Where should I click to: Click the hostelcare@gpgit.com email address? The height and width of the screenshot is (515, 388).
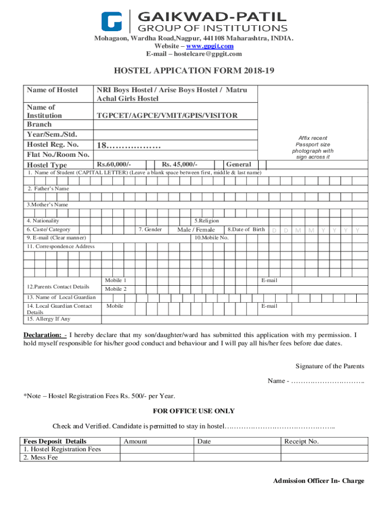click(194, 54)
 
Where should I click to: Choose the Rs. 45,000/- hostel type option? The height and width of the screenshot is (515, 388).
click(179, 164)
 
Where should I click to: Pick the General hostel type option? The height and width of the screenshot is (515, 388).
click(239, 164)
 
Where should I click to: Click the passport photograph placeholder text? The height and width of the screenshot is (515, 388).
click(312, 147)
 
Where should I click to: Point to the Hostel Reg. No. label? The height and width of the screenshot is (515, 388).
click(52, 145)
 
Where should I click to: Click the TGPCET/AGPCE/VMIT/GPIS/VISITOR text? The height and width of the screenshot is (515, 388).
click(167, 116)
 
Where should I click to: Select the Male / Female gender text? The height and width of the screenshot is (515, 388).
click(196, 230)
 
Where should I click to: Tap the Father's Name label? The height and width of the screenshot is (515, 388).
click(48, 189)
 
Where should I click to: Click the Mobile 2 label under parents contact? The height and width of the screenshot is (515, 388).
click(115, 289)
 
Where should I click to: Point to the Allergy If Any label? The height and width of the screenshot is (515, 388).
click(49, 319)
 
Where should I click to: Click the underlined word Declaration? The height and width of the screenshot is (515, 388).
click(43, 335)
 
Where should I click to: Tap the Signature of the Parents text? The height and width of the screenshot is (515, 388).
click(330, 366)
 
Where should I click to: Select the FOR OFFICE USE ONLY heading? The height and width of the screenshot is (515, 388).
click(194, 411)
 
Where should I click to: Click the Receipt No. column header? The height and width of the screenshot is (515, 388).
click(301, 442)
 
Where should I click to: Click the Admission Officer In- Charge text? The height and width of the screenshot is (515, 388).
click(318, 481)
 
